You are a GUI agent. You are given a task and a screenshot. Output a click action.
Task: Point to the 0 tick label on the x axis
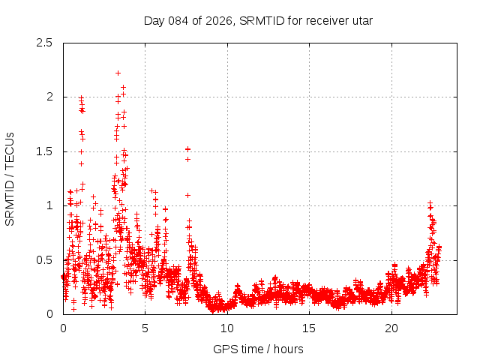63,328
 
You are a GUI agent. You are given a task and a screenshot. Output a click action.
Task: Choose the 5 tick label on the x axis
145,328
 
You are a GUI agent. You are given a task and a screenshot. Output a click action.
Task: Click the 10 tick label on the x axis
227,328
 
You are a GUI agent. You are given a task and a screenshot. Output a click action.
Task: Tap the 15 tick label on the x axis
310,328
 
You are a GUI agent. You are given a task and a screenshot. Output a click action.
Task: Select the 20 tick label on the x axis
391,328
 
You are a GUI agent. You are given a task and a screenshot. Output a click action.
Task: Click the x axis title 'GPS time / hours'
258,349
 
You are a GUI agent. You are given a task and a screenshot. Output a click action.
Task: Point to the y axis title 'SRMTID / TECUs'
10,178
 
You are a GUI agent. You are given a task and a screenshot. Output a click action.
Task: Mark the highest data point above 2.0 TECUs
118,73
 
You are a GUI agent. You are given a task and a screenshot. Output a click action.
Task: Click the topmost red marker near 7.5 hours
187,148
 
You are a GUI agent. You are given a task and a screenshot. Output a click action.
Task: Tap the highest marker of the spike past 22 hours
430,202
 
